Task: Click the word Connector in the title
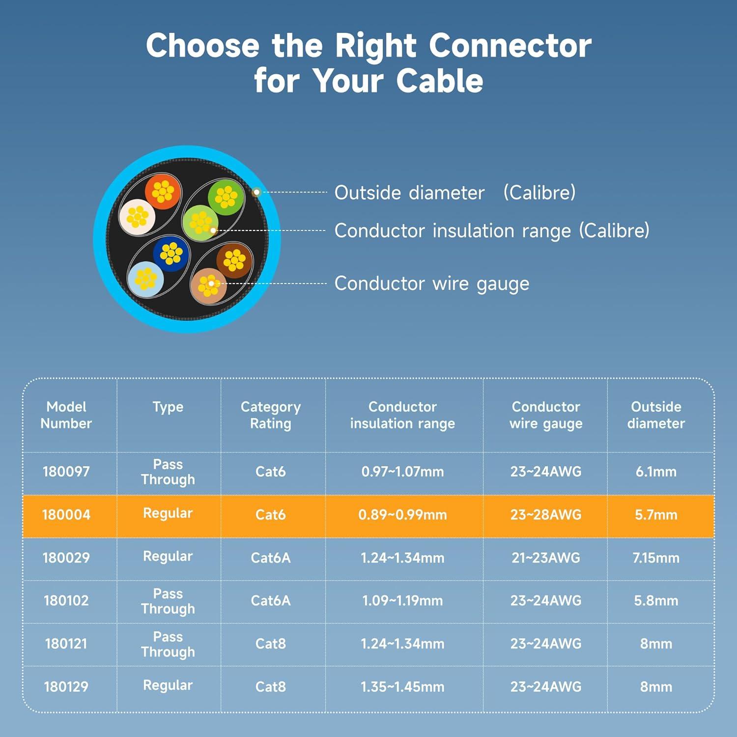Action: click(x=510, y=46)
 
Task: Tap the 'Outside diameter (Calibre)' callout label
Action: click(x=454, y=193)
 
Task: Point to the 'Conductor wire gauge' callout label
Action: click(x=431, y=283)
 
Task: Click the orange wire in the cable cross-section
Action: click(x=163, y=192)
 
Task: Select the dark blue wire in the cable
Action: click(x=171, y=254)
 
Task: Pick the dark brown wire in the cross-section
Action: click(x=234, y=260)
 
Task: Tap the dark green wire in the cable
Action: click(x=226, y=197)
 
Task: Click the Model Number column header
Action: click(x=66, y=415)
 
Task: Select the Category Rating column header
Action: click(x=270, y=415)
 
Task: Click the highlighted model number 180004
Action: click(x=66, y=515)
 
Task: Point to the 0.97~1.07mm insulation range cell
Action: click(x=402, y=472)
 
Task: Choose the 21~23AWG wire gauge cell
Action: click(x=545, y=558)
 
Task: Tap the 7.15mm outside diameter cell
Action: click(x=655, y=558)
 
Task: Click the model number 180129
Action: click(x=66, y=686)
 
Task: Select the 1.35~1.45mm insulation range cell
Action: click(x=402, y=686)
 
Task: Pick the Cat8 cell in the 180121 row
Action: click(x=270, y=644)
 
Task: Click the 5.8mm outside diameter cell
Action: click(x=655, y=600)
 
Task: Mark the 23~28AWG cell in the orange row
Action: click(x=545, y=515)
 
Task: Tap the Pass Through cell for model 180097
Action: click(x=168, y=472)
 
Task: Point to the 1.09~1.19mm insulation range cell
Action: click(x=402, y=600)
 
